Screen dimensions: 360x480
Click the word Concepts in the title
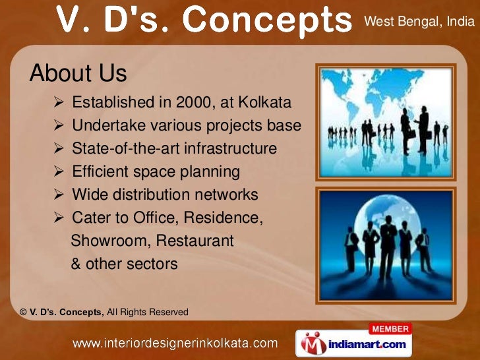[x=268, y=22]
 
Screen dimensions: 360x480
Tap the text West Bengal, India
[x=419, y=22]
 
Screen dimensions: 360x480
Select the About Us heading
[x=78, y=73]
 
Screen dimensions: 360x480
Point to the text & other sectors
[x=124, y=264]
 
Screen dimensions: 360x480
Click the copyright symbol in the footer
[x=23, y=312]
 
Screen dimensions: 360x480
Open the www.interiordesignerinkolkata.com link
[x=174, y=343]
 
